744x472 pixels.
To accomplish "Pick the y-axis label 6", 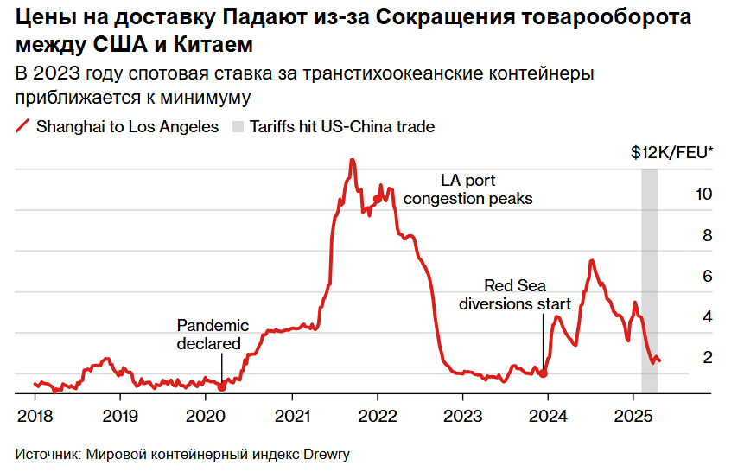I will coord(706,276).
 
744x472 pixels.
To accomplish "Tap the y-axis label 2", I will coord(706,357).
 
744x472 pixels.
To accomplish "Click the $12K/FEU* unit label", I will coord(671,154).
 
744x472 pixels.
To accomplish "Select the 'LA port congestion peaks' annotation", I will coord(467,189).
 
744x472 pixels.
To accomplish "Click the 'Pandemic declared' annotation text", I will coord(213,335).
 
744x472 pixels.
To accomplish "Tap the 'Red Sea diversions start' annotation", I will coord(515,295).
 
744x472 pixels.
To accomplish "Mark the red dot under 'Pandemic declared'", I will coord(222,388).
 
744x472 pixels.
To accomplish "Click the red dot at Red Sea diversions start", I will coord(544,373).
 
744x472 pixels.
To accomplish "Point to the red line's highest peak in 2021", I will coord(352,160).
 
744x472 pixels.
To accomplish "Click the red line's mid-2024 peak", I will coord(591,260).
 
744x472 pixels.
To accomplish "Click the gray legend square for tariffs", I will coord(238,127).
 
